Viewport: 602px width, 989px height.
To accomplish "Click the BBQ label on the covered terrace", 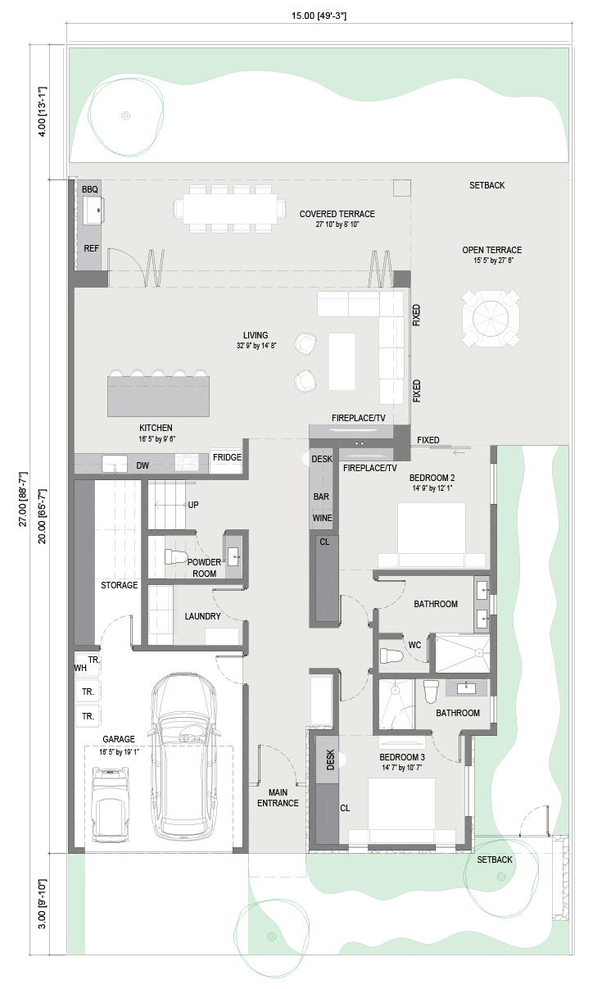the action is pos(89,189).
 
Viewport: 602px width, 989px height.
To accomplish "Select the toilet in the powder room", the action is pos(175,556).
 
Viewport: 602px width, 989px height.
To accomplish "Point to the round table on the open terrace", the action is pos(491,318).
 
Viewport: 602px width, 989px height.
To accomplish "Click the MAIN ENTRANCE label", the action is pos(278,798).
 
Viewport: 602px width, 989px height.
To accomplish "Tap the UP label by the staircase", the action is pos(193,505).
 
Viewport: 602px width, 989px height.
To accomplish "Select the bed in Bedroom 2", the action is pos(432,535).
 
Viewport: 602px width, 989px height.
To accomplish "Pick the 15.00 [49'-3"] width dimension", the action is pos(319,16).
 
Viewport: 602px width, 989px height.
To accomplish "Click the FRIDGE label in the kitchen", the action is pos(227,457).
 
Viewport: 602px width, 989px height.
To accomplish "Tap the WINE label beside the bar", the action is pos(322,518).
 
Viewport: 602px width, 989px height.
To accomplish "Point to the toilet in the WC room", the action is pos(392,656).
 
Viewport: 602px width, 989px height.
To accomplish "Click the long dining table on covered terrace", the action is pos(229,208).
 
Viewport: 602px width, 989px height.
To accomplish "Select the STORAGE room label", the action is pos(119,585).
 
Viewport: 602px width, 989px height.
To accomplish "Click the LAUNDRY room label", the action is pos(202,616).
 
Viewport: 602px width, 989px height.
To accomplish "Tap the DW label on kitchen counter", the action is pos(143,465).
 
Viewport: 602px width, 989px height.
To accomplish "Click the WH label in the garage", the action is pos(80,668).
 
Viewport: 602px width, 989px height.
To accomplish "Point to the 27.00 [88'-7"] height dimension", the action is pos(23,499).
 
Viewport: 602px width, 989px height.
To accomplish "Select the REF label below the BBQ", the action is pos(92,248).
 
